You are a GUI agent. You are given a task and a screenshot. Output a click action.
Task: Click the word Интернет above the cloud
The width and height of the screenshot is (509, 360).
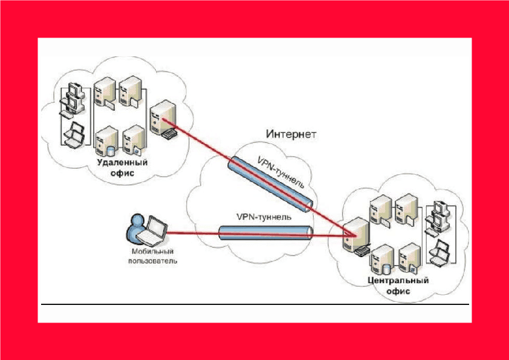click(x=291, y=133)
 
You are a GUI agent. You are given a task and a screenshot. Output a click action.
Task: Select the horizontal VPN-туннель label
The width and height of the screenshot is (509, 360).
click(x=264, y=216)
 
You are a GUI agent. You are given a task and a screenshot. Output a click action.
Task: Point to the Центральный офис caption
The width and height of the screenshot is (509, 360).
click(x=398, y=286)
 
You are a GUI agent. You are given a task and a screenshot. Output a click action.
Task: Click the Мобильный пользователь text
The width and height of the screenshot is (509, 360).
click(x=152, y=256)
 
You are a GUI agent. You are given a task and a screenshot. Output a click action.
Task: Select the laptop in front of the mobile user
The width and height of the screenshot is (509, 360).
click(x=155, y=229)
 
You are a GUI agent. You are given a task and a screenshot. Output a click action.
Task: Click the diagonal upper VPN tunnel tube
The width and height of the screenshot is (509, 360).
click(x=271, y=182)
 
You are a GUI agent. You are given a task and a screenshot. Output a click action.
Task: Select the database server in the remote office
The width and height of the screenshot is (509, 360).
click(x=106, y=142)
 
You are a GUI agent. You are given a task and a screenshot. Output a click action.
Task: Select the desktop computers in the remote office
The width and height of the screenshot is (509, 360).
click(x=74, y=97)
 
